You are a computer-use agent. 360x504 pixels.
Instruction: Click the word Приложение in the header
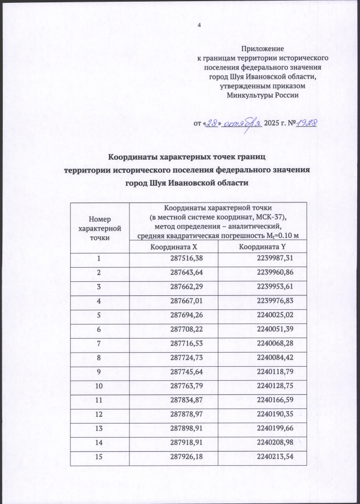click(x=262, y=49)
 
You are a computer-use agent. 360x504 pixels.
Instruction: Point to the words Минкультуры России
click(x=262, y=94)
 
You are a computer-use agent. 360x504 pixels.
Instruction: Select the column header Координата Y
click(x=263, y=246)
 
